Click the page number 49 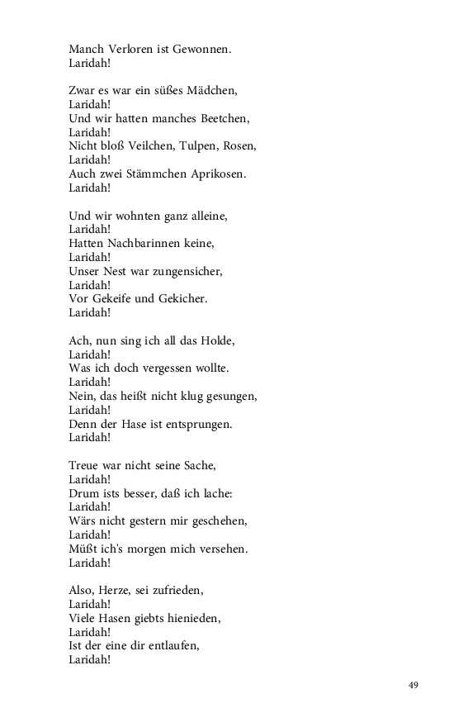pos(414,685)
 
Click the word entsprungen pos(196,424)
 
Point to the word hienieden pos(191,619)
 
